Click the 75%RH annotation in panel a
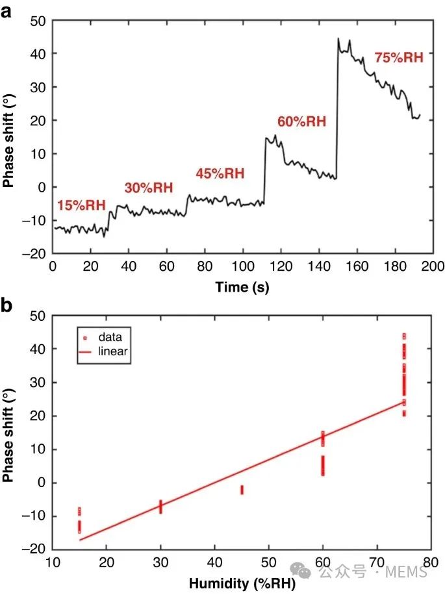(399, 58)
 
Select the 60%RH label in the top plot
(301, 121)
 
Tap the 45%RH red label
(220, 173)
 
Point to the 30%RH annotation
(149, 188)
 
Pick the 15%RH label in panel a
(81, 206)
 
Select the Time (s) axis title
(242, 286)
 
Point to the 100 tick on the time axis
(242, 266)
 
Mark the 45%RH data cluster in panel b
(242, 490)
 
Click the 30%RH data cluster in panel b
(160, 506)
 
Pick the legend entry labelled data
(110, 337)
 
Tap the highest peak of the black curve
(338, 39)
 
